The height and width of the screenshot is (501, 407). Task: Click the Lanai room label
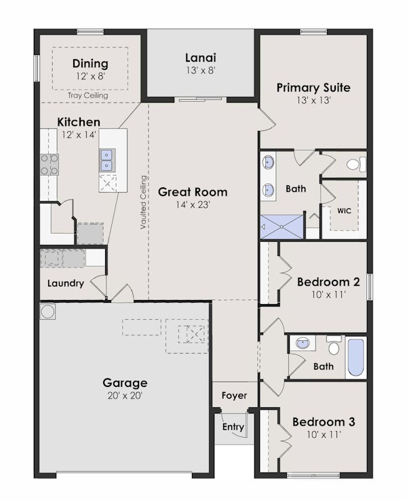tap(201, 57)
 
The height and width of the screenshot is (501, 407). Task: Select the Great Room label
tap(193, 192)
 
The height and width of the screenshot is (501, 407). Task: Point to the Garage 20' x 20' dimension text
tap(125, 395)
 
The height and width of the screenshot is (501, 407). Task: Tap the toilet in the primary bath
tap(355, 164)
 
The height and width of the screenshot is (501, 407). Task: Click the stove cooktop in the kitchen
tap(49, 164)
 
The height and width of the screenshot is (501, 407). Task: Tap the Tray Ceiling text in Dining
tap(88, 96)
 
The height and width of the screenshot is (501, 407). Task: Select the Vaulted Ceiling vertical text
tap(144, 202)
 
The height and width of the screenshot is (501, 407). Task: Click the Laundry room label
tap(66, 283)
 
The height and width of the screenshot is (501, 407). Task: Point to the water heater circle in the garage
tap(48, 311)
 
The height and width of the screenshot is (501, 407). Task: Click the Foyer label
tap(234, 395)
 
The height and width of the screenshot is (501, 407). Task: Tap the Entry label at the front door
tap(233, 427)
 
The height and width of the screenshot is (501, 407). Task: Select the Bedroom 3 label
tap(324, 422)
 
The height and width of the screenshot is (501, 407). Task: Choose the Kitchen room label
tap(79, 122)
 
